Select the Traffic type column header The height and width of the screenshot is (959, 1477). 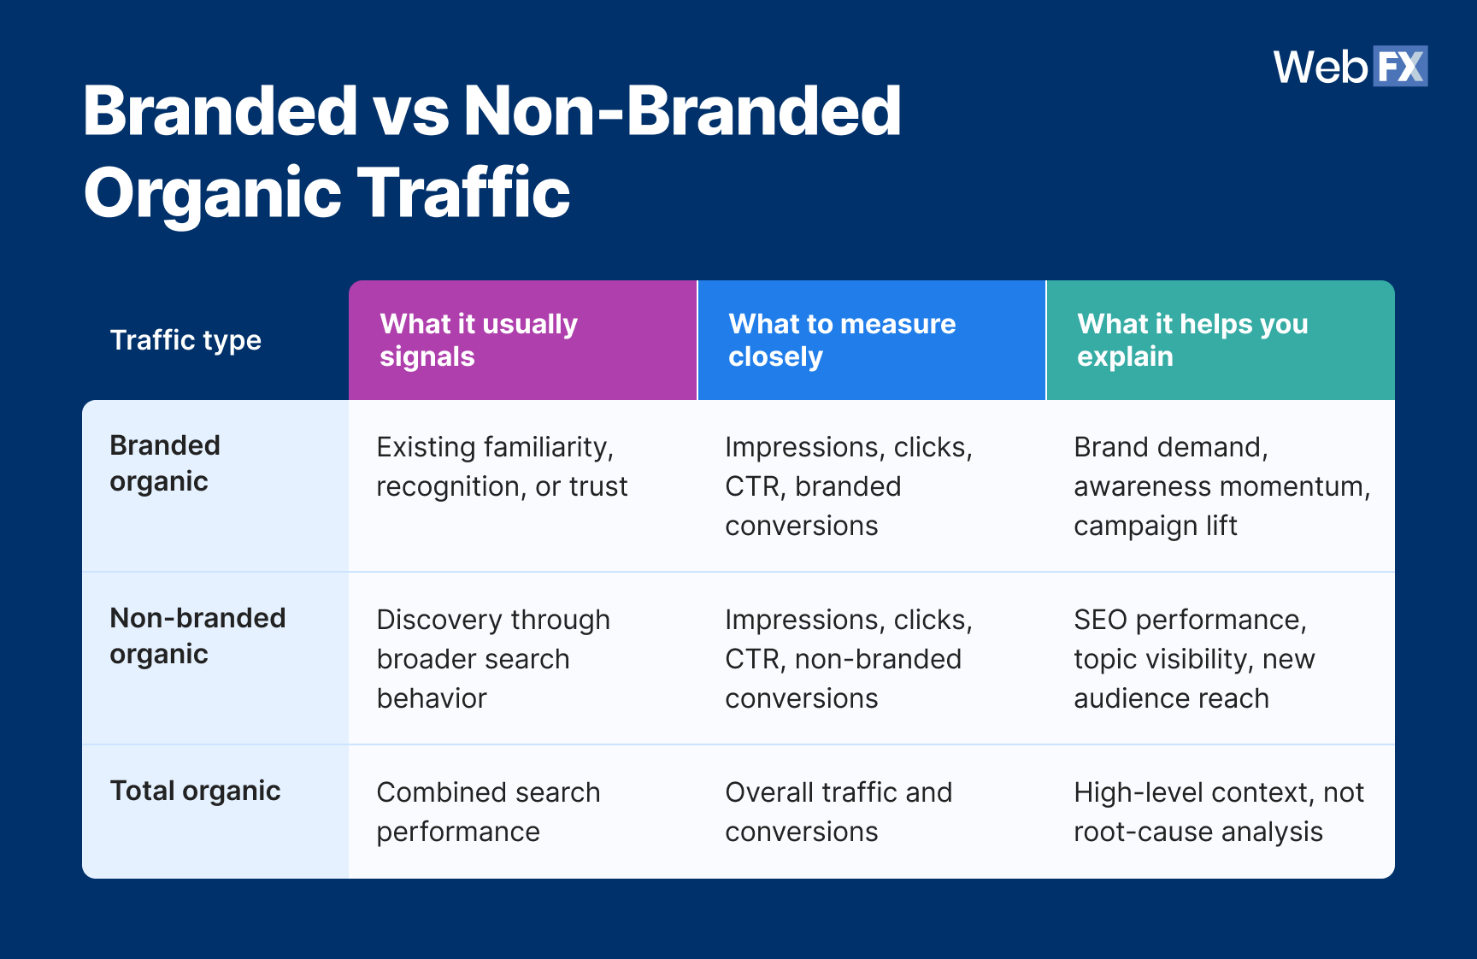185,340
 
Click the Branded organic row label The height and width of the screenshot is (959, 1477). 165,463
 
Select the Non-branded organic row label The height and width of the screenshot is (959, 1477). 197,636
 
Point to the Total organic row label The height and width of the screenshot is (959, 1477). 195,791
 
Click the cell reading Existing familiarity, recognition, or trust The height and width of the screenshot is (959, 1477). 502,467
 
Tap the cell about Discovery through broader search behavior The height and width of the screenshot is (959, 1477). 493,659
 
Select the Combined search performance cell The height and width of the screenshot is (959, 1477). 488,812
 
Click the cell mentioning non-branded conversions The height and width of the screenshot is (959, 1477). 848,659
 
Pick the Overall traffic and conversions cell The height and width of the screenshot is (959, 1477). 839,812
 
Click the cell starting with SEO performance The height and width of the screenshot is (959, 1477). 1193,659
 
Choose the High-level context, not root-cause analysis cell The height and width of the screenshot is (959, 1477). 1218,812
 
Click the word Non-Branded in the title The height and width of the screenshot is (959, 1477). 681,111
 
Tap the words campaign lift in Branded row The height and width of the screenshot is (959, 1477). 1155,526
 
